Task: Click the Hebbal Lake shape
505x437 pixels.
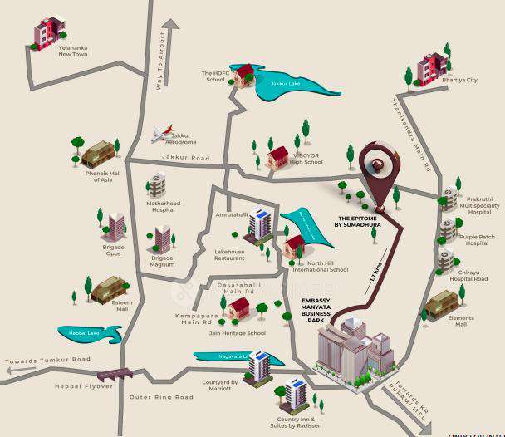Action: pyautogui.click(x=90, y=334)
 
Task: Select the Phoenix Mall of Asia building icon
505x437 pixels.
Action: pyautogui.click(x=96, y=155)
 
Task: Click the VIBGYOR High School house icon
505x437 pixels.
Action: pyautogui.click(x=277, y=156)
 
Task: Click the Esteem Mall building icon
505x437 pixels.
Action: pyautogui.click(x=107, y=289)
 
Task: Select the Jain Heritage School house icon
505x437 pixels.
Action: pyautogui.click(x=239, y=308)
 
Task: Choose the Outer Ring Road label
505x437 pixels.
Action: pyautogui.click(x=161, y=398)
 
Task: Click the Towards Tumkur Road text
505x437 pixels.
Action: pyautogui.click(x=47, y=360)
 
